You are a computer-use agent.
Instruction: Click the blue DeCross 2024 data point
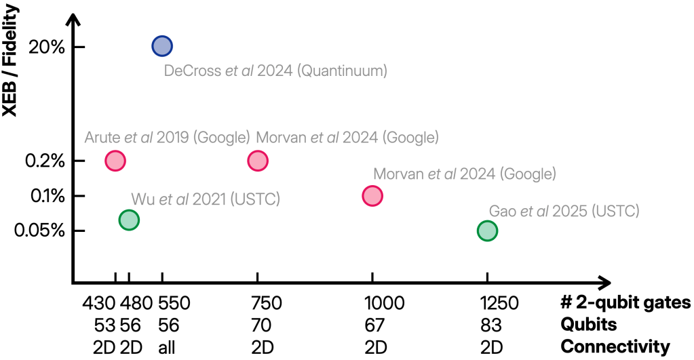click(162, 46)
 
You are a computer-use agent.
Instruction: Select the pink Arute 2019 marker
click(115, 161)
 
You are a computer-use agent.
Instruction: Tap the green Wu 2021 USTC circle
click(129, 220)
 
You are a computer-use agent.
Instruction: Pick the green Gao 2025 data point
click(487, 231)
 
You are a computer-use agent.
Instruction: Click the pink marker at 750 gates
click(258, 161)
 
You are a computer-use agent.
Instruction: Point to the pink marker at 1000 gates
click(372, 196)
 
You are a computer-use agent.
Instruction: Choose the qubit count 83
click(487, 325)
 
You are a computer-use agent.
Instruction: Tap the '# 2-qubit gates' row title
click(625, 302)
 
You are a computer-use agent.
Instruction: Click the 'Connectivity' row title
click(615, 347)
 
